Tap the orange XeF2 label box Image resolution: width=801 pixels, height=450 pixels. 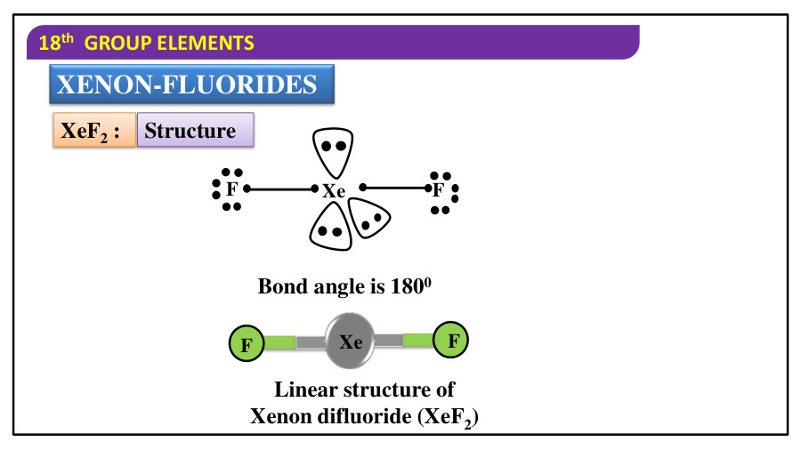coord(93,131)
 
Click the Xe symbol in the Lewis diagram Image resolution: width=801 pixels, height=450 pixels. coord(334,190)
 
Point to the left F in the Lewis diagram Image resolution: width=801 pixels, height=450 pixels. coord(231,189)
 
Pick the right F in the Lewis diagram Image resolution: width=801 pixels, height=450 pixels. coord(438,189)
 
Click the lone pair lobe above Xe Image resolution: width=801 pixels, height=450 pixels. coord(333,149)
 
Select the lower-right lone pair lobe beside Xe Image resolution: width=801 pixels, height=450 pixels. coord(369,218)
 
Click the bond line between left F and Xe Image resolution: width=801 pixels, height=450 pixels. coord(280,189)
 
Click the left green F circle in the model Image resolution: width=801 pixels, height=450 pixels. coord(247,343)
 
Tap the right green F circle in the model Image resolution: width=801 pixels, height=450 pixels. coord(451,340)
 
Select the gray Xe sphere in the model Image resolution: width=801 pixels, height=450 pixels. coord(350,342)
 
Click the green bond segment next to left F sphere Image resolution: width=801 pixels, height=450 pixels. coord(279,342)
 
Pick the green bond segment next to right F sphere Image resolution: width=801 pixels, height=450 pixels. coord(417,340)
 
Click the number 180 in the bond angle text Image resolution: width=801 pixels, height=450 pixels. coord(406,287)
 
